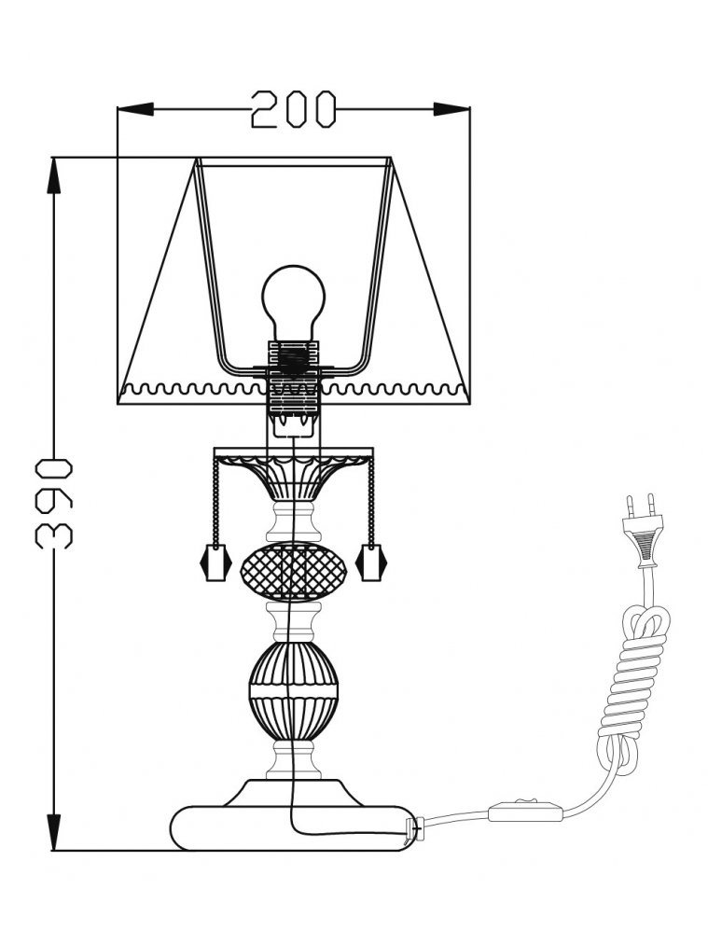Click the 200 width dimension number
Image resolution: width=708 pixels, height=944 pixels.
click(x=293, y=109)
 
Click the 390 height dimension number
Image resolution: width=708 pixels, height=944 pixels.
click(x=54, y=504)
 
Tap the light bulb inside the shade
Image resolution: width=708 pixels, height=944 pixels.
click(x=293, y=303)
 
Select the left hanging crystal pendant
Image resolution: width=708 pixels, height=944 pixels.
click(x=215, y=562)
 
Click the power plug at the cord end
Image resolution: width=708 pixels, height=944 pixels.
click(x=643, y=530)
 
